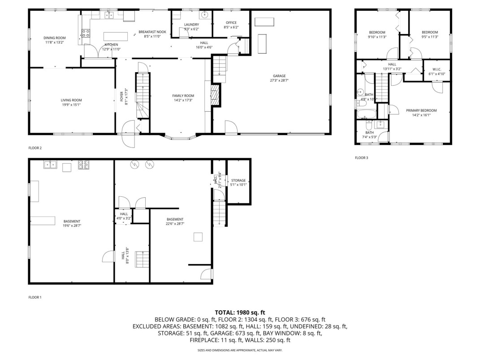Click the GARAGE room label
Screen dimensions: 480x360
tap(279, 76)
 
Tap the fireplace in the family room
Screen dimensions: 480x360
tap(216, 95)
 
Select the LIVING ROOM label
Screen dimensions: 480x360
tap(71, 100)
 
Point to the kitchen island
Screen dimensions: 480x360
tap(116, 36)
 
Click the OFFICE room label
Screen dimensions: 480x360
tap(231, 23)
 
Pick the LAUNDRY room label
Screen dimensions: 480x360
tap(192, 25)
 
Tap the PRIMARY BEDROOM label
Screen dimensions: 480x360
tap(421, 110)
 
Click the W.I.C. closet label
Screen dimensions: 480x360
tap(437, 69)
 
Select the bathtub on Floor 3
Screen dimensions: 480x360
tap(367, 114)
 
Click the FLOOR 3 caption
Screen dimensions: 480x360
tap(362, 158)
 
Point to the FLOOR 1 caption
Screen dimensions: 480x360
tap(35, 297)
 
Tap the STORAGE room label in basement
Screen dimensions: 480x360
tap(238, 181)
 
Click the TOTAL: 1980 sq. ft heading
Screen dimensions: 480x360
tap(240, 312)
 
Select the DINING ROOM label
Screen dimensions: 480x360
tap(55, 38)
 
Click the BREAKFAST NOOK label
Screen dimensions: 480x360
tap(152, 32)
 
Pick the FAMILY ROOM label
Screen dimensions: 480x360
tap(183, 96)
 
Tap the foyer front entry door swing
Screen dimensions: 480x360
tap(128, 134)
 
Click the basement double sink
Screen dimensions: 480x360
tap(51, 165)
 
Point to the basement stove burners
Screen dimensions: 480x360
tap(83, 165)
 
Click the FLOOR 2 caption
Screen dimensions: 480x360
tap(35, 148)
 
